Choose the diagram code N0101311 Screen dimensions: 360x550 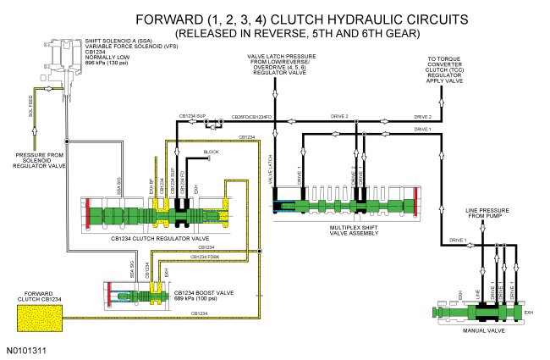tap(29, 349)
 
